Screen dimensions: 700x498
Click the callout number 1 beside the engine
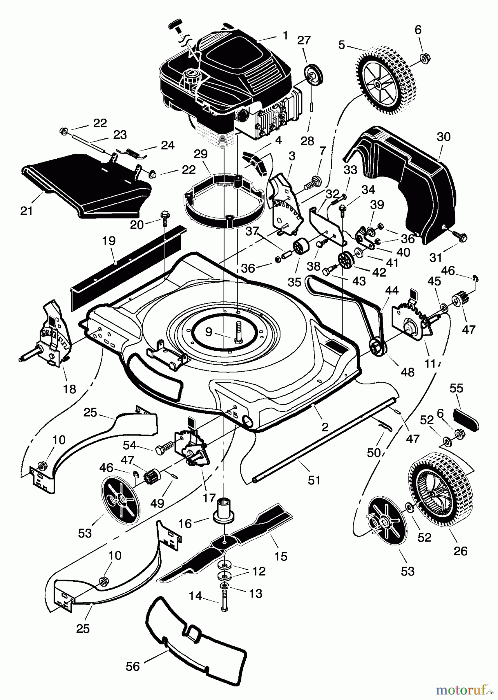point(285,36)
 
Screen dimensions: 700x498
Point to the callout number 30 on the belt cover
point(444,137)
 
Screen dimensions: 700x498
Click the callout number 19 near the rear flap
point(109,241)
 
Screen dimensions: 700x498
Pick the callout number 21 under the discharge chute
point(26,211)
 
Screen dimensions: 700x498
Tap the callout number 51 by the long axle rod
point(314,481)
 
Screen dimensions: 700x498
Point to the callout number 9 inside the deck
point(209,332)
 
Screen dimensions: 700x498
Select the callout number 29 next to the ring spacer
point(201,154)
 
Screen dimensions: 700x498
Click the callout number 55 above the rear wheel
point(456,388)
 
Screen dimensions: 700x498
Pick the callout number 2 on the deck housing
point(325,427)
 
